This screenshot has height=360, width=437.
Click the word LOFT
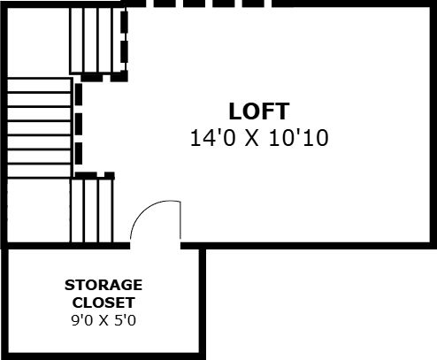pyautogui.click(x=259, y=111)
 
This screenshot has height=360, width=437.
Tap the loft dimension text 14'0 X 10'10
pyautogui.click(x=259, y=138)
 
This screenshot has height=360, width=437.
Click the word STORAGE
pyautogui.click(x=103, y=285)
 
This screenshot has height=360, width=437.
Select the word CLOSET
pyautogui.click(x=103, y=303)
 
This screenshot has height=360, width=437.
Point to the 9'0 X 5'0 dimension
pyautogui.click(x=103, y=320)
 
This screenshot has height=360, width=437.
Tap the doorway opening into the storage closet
pyautogui.click(x=155, y=246)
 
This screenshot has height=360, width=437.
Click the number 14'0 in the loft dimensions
pyautogui.click(x=213, y=138)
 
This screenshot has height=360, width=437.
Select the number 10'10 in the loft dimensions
pyautogui.click(x=299, y=138)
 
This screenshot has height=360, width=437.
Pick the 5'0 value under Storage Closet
pyautogui.click(x=125, y=320)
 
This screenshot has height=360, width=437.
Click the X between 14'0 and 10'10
pyautogui.click(x=252, y=138)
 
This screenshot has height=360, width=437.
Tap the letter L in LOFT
pyautogui.click(x=235, y=111)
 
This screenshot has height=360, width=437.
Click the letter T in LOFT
pyautogui.click(x=282, y=111)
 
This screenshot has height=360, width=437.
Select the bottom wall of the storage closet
pyautogui.click(x=103, y=356)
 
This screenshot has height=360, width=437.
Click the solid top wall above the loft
pyautogui.click(x=354, y=4)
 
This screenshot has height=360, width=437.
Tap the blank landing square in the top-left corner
pyautogui.click(x=38, y=42)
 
